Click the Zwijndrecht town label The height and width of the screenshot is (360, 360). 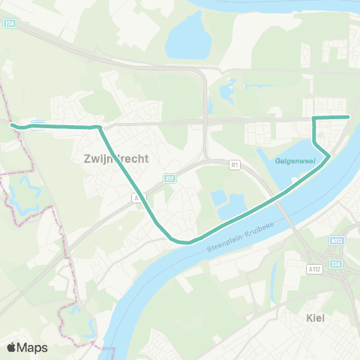(x=113, y=159)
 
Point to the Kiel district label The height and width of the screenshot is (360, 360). (x=316, y=317)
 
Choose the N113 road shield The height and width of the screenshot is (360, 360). (x=337, y=241)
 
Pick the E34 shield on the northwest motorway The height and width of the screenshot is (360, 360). (x=9, y=23)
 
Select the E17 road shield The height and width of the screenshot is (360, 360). (x=169, y=178)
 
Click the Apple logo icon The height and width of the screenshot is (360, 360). (x=12, y=347)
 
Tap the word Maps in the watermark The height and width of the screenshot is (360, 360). (x=32, y=347)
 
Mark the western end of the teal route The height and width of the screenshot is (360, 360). (x=12, y=124)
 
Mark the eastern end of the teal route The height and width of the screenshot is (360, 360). (x=349, y=116)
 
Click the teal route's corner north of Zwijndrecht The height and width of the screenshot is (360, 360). (x=98, y=127)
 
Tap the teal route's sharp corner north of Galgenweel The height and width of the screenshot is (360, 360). (x=313, y=118)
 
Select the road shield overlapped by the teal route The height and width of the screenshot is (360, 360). (x=39, y=123)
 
